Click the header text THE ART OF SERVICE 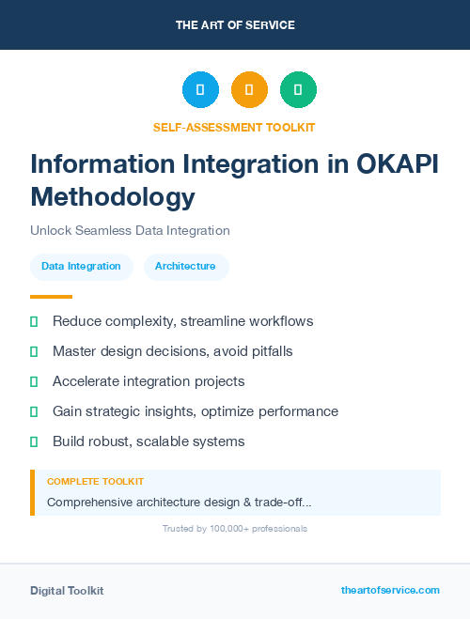coord(235,25)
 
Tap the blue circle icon coord(200,90)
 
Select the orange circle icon coord(249,90)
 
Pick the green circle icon coord(298,90)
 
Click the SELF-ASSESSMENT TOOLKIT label coord(234,127)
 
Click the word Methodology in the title coord(113,197)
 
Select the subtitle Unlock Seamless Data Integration coord(130,230)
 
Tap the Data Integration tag coord(81,267)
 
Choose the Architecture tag coord(185,267)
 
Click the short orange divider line coord(45,297)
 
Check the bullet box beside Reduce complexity coord(34,322)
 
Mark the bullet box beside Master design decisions coord(34,352)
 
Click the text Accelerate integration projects coord(149,381)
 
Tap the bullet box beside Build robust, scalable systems coord(34,441)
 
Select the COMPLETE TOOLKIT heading coord(96,481)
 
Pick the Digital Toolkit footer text coord(67,591)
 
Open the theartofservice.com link coord(390,590)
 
